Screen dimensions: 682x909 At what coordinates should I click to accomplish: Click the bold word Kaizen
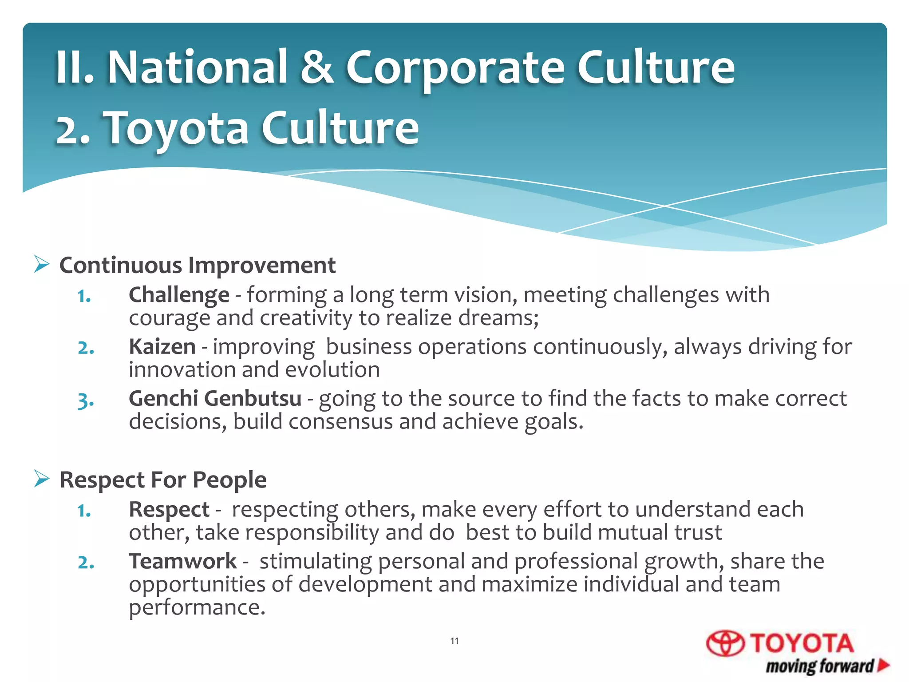coord(162,347)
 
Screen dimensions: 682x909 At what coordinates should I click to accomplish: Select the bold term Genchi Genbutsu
coord(215,398)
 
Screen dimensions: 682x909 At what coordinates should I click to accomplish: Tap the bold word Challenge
coord(179,295)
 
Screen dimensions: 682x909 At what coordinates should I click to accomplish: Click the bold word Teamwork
coord(182,561)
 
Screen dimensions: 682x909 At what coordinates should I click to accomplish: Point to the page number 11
coord(454,641)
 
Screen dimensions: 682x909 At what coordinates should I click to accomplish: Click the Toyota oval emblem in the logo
coord(725,643)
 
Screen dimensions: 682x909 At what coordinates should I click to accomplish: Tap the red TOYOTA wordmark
coord(802,643)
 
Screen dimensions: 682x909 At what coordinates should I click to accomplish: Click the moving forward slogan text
coord(819,666)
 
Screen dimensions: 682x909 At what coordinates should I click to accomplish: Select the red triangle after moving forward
coord(884,665)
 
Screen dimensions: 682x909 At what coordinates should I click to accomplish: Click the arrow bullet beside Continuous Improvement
coord(41,265)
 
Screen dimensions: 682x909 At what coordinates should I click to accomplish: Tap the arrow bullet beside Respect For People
coord(41,479)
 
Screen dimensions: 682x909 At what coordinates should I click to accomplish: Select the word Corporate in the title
coord(455,69)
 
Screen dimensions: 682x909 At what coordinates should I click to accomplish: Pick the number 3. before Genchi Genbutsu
coord(85,400)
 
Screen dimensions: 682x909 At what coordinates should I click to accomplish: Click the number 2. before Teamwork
coord(86,563)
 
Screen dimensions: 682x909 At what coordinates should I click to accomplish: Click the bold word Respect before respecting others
coord(169,509)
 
